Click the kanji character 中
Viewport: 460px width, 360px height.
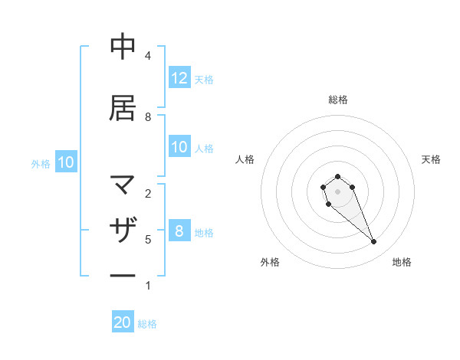pyautogui.click(x=123, y=47)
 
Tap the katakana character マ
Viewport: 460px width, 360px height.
pyautogui.click(x=123, y=185)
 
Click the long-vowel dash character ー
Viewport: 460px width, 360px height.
pyautogui.click(x=123, y=275)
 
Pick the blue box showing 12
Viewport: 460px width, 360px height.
pyautogui.click(x=179, y=78)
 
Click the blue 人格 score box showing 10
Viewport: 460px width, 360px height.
pyautogui.click(x=179, y=148)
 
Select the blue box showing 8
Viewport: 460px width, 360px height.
pyautogui.click(x=179, y=231)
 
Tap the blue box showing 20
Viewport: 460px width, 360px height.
pyautogui.click(x=123, y=322)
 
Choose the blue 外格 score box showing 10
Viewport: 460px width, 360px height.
pyautogui.click(x=65, y=162)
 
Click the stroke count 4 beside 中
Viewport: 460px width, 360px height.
pyautogui.click(x=148, y=56)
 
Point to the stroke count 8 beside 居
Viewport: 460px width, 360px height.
pyautogui.click(x=148, y=116)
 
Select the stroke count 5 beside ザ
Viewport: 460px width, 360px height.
pyautogui.click(x=148, y=239)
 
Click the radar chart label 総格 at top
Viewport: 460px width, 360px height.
pyautogui.click(x=337, y=100)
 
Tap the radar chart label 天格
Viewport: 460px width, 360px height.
pyautogui.click(x=432, y=159)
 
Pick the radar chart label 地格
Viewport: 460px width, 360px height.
pyautogui.click(x=402, y=262)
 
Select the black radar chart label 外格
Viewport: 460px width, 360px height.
pyautogui.click(x=270, y=262)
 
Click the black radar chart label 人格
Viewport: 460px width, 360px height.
pyautogui.click(x=245, y=159)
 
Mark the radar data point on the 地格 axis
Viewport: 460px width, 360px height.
pyautogui.click(x=373, y=242)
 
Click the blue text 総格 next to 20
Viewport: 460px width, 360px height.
pyautogui.click(x=147, y=323)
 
